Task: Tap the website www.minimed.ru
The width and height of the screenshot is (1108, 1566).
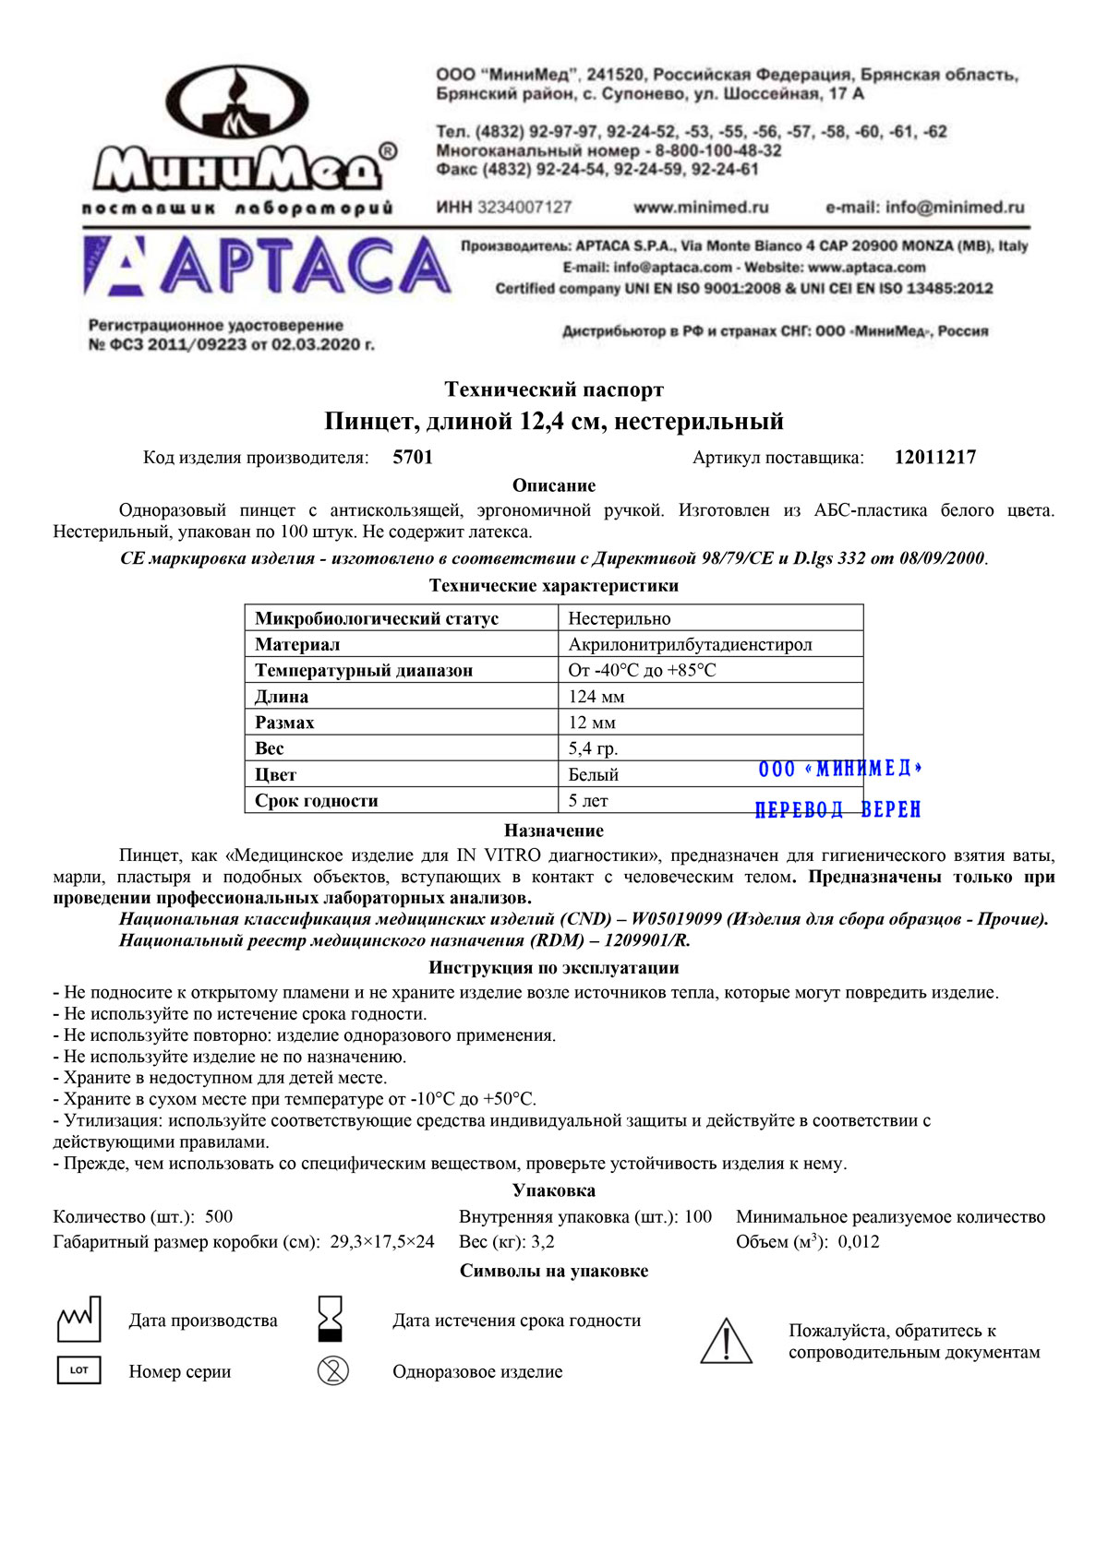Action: [x=701, y=208]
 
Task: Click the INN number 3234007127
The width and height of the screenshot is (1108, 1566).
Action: [x=524, y=208]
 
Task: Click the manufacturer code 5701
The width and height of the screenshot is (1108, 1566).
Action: [x=413, y=458]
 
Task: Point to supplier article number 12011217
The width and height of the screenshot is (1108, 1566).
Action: [x=934, y=458]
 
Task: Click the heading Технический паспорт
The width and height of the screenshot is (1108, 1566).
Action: [x=554, y=389]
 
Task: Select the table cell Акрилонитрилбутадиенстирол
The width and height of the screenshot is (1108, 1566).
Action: [x=690, y=644]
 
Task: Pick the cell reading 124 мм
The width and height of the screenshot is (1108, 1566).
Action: [x=596, y=697]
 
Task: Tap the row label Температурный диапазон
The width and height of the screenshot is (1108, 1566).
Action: [x=364, y=671]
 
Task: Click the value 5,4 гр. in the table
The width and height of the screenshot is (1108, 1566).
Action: [x=593, y=748]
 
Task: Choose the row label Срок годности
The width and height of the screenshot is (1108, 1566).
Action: [x=317, y=801]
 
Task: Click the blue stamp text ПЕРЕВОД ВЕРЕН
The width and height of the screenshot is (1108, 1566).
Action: [x=838, y=810]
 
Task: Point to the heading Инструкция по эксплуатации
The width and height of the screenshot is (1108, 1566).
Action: [x=554, y=968]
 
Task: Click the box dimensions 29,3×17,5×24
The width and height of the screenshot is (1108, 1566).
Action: [x=382, y=1242]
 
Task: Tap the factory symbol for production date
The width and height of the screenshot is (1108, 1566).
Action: [x=78, y=1320]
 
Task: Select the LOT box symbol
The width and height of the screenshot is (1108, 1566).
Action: [x=78, y=1370]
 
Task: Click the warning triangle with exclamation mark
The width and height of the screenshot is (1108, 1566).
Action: [x=727, y=1342]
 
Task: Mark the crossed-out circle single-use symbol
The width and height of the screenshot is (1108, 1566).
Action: [x=332, y=1370]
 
